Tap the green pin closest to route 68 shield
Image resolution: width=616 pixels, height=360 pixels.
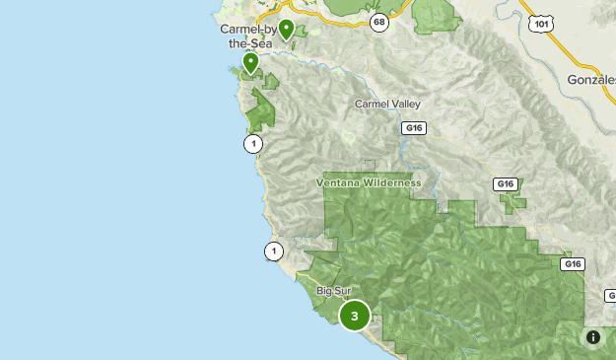pos(286,30)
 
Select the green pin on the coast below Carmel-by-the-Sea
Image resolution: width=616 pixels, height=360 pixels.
pos(250,63)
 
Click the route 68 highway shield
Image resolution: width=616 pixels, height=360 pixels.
pos(378,21)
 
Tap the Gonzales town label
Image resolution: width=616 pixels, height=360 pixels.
pos(591,79)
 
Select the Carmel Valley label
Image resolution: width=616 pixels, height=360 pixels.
pos(386,103)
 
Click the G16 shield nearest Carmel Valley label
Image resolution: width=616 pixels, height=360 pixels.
pos(414,127)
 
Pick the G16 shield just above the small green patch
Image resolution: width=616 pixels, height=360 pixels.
pos(506,184)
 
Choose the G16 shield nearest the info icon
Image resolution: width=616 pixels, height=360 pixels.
pos(573,264)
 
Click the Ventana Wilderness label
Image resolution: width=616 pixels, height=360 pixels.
pos(369,183)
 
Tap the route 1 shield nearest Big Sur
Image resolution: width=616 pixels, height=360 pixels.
pos(274,252)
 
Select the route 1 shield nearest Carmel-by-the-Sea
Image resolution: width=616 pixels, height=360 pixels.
pos(254,144)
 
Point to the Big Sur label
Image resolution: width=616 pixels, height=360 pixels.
pos(334,291)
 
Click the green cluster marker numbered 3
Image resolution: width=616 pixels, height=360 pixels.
pos(355,316)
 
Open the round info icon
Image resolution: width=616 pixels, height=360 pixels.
pos(593,337)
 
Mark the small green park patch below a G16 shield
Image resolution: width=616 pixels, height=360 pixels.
pos(513,202)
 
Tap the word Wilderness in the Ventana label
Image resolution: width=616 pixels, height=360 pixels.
pos(389,183)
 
